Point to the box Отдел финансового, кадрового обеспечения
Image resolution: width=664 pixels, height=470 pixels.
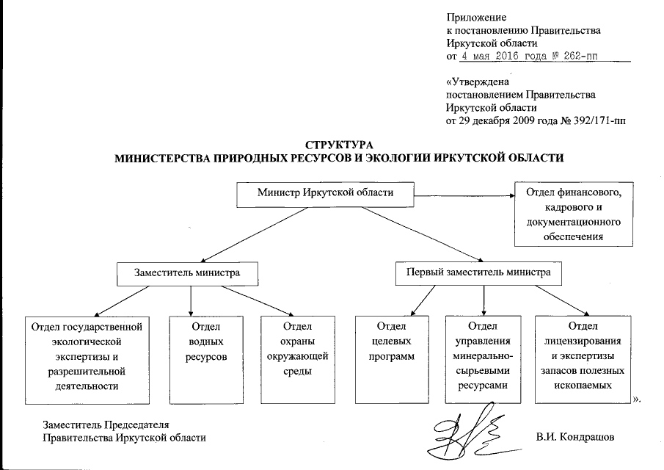[569, 214]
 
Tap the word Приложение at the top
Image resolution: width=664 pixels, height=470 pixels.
[475, 17]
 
